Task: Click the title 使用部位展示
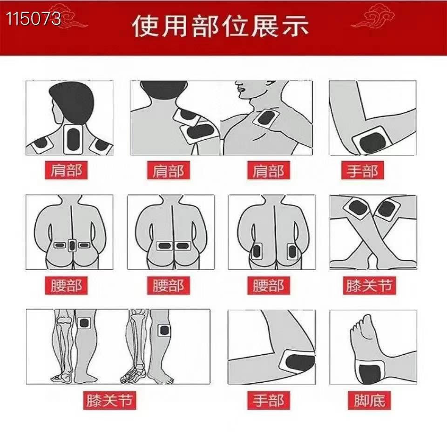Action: point(220,27)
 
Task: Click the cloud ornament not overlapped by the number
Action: point(373,19)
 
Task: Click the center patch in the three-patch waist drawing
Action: point(72,245)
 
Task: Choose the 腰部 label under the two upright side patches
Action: point(268,285)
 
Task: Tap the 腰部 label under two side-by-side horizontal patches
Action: point(168,285)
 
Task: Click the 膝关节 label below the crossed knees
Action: point(369,285)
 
